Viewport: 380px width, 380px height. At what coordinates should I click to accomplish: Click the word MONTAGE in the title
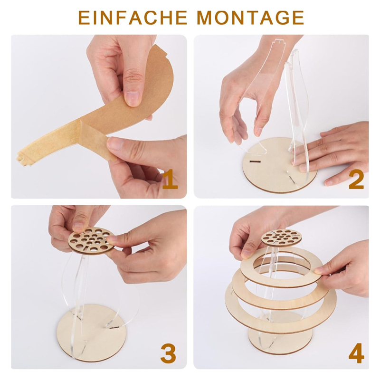click(250, 18)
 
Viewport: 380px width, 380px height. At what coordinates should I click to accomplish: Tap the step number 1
click(170, 180)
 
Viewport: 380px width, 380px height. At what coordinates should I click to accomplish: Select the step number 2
click(356, 180)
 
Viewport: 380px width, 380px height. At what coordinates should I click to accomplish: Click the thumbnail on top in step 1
click(133, 98)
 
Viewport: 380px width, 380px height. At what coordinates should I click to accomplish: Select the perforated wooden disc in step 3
click(91, 241)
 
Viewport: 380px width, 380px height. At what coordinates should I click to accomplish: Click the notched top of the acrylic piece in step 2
click(279, 42)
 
